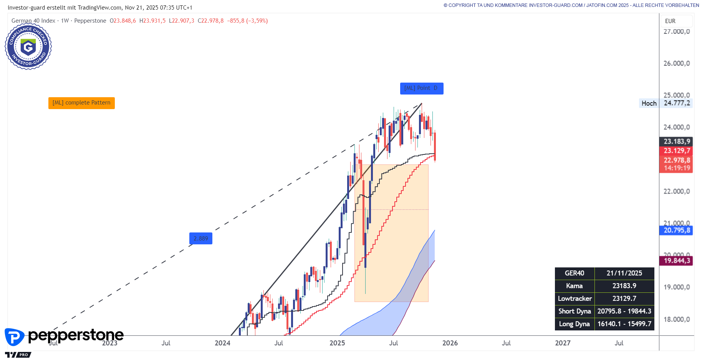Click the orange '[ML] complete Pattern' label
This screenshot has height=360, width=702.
[81, 103]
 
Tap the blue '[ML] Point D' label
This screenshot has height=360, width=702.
[421, 88]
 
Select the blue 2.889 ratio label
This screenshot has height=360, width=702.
[200, 239]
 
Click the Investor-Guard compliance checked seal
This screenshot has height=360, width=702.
[28, 46]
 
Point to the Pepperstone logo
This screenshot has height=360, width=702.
[64, 336]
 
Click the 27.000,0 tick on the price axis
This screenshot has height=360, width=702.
[676, 32]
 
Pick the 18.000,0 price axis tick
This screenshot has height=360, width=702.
[676, 319]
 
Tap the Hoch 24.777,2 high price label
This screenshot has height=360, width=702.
[666, 103]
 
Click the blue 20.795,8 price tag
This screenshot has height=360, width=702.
[676, 231]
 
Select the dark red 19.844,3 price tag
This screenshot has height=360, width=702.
[676, 261]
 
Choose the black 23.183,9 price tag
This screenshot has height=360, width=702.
[676, 141]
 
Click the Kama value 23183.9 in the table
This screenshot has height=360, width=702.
[624, 286]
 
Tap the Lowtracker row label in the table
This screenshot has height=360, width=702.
[575, 299]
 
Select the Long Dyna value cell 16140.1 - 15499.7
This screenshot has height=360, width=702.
[624, 324]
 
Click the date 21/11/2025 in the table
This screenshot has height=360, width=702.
[624, 273]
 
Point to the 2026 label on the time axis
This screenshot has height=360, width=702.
[450, 343]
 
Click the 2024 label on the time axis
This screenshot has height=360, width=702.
[222, 343]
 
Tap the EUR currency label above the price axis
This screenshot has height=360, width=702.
[670, 21]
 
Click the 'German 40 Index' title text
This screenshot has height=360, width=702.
[33, 21]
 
